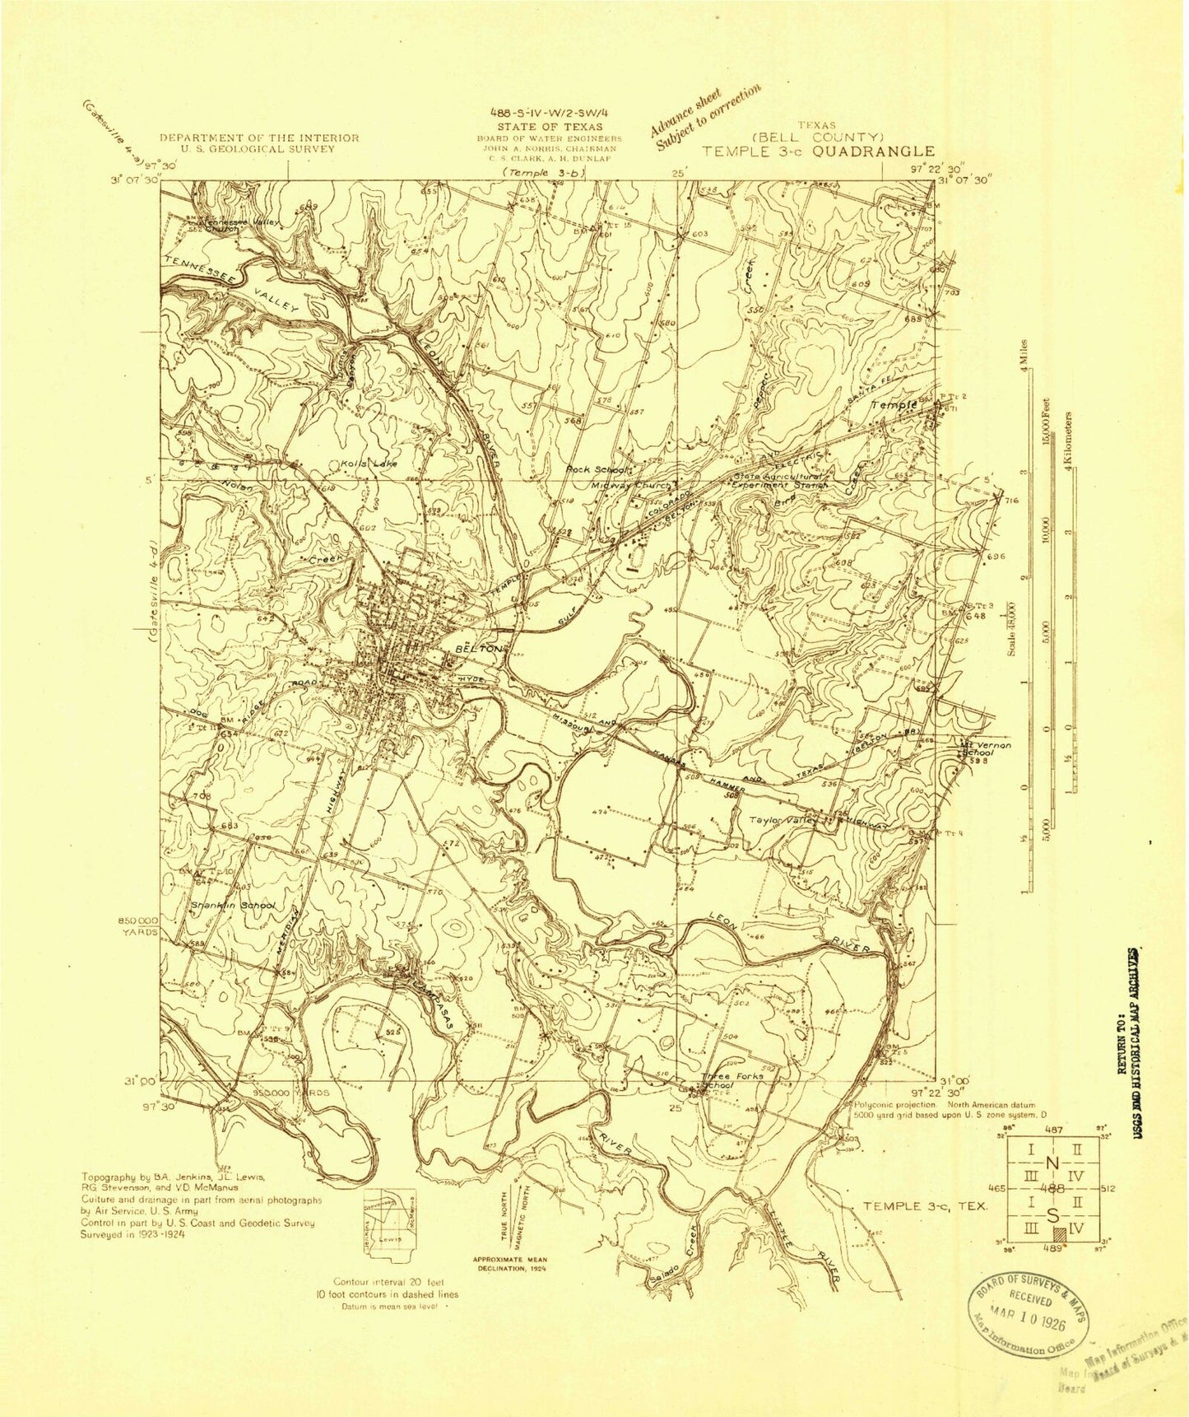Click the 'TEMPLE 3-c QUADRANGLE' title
pyautogui.click(x=818, y=151)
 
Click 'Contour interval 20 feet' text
pyautogui.click(x=396, y=1282)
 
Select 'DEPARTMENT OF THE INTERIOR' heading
pyautogui.click(x=259, y=138)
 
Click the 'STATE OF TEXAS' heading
pyautogui.click(x=550, y=127)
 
